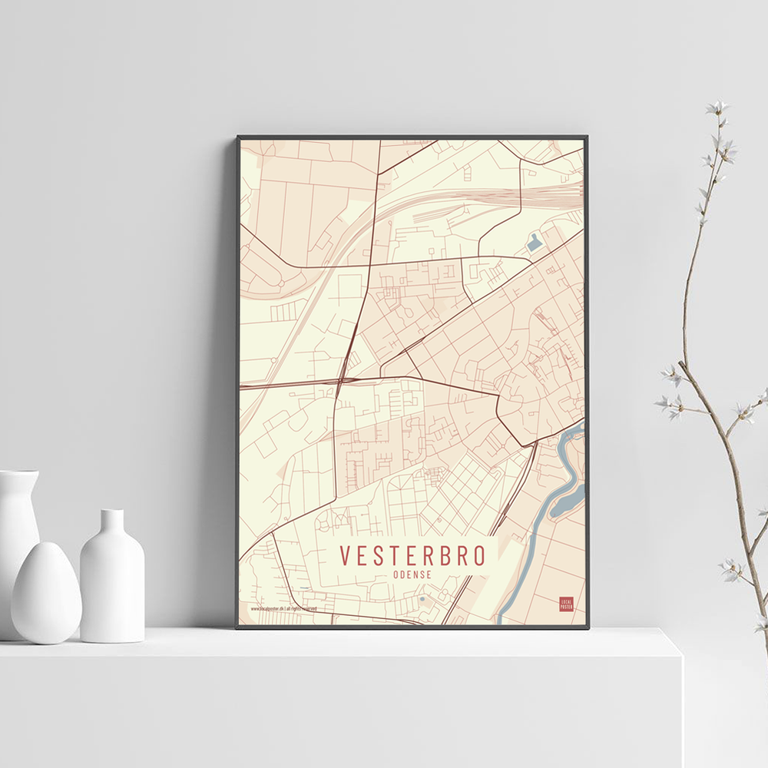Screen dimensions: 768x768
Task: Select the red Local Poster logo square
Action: pyautogui.click(x=566, y=604)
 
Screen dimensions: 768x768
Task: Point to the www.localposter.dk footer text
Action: pyautogui.click(x=283, y=608)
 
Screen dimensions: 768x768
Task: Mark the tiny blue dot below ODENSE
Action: pyautogui.click(x=422, y=598)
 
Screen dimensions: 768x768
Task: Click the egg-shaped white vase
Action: pyautogui.click(x=45, y=593)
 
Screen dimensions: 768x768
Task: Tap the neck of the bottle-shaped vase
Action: pyautogui.click(x=112, y=522)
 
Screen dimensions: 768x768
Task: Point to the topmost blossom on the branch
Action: pyautogui.click(x=717, y=108)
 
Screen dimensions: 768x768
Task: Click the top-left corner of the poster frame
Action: pyautogui.click(x=239, y=138)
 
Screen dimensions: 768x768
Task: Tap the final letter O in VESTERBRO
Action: pyautogui.click(x=481, y=555)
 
